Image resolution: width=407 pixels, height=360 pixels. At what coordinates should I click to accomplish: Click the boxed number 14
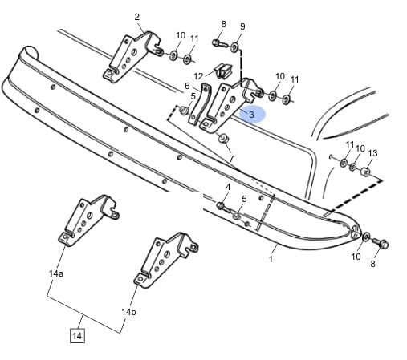pyautogui.click(x=77, y=336)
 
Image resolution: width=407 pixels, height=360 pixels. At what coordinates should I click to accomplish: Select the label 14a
pyautogui.click(x=56, y=273)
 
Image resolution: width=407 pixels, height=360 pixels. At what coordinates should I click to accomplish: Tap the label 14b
pyautogui.click(x=128, y=312)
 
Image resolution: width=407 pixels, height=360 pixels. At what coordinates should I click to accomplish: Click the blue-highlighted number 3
pyautogui.click(x=251, y=115)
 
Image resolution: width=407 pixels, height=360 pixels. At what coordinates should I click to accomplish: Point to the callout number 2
pyautogui.click(x=136, y=17)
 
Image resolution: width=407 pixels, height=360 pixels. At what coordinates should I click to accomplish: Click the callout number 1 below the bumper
pyautogui.click(x=271, y=259)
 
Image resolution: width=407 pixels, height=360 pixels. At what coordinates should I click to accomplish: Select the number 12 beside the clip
pyautogui.click(x=198, y=77)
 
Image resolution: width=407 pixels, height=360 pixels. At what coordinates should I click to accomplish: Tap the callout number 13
pyautogui.click(x=372, y=153)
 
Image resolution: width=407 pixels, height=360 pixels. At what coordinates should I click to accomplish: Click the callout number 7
pyautogui.click(x=231, y=159)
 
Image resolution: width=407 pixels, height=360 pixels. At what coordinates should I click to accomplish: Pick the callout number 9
pyautogui.click(x=242, y=26)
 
